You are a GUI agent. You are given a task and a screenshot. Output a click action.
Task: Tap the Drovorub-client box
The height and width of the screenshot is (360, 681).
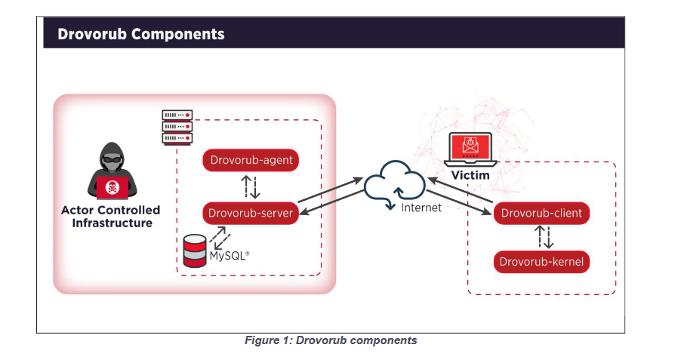click(x=541, y=213)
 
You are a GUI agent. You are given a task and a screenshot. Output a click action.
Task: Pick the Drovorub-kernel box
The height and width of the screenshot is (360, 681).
click(x=541, y=263)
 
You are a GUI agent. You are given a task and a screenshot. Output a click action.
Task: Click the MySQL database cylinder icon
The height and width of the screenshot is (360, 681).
click(x=195, y=251)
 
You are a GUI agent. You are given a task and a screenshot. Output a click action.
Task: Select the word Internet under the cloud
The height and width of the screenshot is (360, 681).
click(x=421, y=208)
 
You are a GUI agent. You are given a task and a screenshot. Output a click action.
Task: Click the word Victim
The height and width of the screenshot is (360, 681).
click(x=470, y=175)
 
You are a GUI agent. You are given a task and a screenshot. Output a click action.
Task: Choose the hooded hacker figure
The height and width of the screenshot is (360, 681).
click(x=111, y=171)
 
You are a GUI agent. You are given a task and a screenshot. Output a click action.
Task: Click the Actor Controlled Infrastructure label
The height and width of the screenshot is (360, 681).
click(x=111, y=217)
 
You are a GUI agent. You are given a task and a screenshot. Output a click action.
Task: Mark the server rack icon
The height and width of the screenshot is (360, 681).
click(x=177, y=126)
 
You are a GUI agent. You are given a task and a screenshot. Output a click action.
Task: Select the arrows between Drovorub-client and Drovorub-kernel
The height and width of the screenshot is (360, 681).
click(x=544, y=238)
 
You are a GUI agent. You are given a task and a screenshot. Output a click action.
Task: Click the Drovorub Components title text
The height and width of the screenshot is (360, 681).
click(x=141, y=35)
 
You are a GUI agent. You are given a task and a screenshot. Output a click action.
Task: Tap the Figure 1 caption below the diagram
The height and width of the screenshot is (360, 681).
click(x=331, y=341)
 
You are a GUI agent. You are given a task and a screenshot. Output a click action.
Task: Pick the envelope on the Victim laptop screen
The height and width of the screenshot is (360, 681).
click(x=470, y=145)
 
